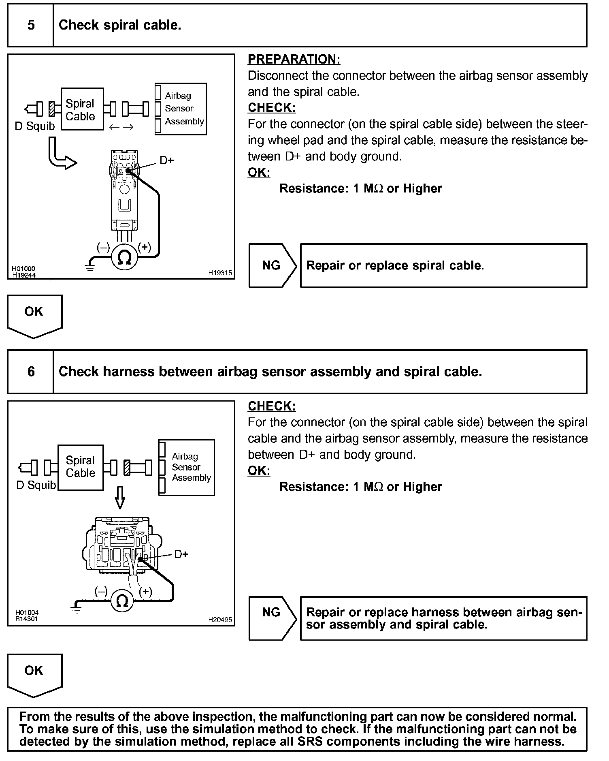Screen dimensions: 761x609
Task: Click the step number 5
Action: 31,25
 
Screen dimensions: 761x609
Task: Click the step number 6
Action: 31,372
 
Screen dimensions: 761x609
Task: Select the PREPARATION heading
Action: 294,59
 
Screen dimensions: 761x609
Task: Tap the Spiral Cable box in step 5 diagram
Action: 82,109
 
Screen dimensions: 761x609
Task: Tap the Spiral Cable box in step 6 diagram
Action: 81,467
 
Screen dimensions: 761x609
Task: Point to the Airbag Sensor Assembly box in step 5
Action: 181,109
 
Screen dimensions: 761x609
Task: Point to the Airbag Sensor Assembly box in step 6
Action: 186,467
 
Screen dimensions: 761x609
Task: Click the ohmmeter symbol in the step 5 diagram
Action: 124,257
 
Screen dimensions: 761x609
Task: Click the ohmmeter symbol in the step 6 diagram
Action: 122,601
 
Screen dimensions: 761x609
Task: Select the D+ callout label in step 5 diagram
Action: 166,160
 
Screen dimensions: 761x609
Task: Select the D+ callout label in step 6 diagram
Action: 181,554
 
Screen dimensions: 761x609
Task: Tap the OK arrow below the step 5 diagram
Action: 34,316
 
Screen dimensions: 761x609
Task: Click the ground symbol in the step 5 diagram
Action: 89,267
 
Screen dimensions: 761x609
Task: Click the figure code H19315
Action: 220,273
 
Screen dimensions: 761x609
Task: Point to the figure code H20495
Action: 220,620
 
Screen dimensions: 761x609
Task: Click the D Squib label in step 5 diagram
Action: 35,126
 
